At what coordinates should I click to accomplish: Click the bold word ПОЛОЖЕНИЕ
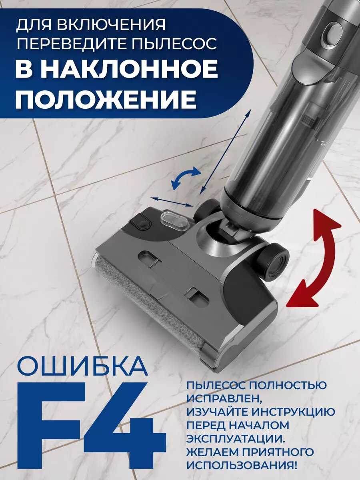tap(106, 98)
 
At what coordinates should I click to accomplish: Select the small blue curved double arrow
tap(186, 178)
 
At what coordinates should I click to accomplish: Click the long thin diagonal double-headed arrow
tap(225, 152)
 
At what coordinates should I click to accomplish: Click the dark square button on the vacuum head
tap(140, 222)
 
